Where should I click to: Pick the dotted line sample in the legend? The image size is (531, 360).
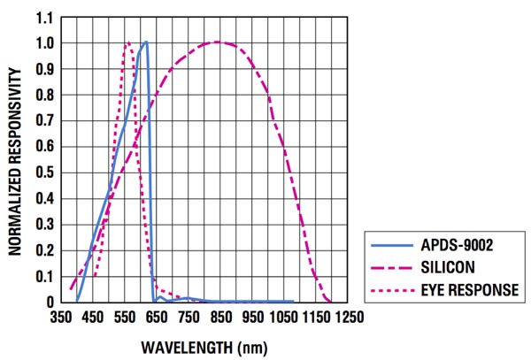tap(393, 289)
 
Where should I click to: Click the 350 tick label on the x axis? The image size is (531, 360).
tap(61, 316)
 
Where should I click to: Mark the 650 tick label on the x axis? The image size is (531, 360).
tap(157, 316)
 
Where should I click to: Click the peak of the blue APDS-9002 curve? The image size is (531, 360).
tap(146, 42)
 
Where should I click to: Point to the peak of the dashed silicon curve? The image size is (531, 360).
tap(218, 42)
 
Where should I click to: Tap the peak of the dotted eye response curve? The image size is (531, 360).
tap(127, 42)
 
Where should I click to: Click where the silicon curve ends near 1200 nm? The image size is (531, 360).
tap(331, 301)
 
